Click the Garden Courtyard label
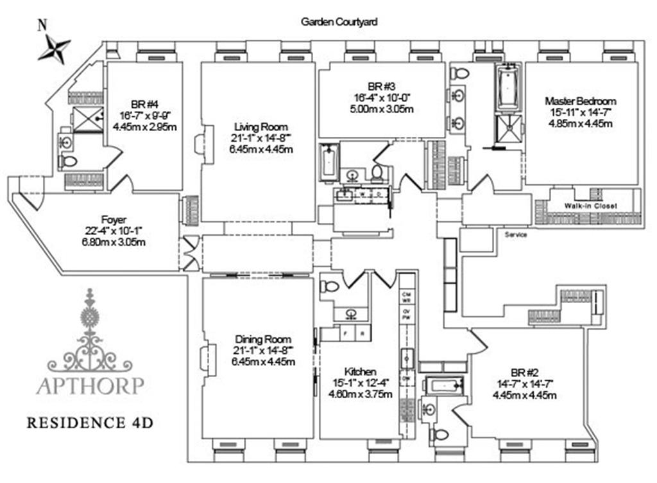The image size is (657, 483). coord(339,21)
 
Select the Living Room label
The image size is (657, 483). coord(260,127)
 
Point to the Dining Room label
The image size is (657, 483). coord(263,339)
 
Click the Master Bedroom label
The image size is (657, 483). coord(581,101)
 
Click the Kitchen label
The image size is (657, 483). coord(360,372)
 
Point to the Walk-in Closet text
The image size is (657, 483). coord(590,206)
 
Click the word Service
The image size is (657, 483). coord(516,234)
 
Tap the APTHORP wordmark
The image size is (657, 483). coord(90,385)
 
